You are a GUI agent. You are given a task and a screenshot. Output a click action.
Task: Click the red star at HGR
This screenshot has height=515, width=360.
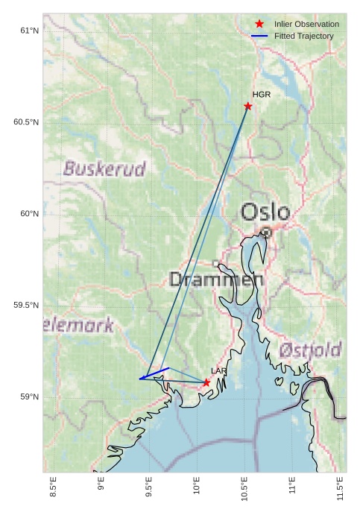pos(248,106)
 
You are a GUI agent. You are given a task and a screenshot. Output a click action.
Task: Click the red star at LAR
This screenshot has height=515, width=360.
pos(206,382)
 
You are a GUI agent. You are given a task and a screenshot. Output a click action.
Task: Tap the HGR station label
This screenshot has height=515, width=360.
pos(261,95)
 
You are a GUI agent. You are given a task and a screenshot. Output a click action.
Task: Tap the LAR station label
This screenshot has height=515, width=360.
pos(218,371)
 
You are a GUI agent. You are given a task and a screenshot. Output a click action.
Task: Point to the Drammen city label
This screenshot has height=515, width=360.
pos(217,280)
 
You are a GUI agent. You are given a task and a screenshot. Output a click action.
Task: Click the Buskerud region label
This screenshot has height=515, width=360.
pos(104,169)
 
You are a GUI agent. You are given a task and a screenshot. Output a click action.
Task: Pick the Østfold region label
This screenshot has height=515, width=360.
pos(310,350)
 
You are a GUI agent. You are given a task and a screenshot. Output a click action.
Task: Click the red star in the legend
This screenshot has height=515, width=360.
pos(259,24)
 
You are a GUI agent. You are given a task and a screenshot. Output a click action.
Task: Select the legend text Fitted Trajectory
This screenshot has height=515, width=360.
pos(303,36)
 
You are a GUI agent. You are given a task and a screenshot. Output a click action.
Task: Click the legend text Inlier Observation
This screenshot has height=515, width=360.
pos(306,24)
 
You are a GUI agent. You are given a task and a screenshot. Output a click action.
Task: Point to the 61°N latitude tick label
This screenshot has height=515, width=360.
pos(28,31)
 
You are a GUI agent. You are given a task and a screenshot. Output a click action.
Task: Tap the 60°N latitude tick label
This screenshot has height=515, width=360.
pos(28,214)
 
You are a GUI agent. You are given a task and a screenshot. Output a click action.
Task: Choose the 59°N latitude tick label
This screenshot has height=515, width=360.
pos(28,397)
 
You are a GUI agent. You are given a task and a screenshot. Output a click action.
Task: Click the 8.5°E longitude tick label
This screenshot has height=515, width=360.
pos(53,488)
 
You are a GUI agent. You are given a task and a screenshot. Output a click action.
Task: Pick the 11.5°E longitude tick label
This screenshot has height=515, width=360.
pos(341,488)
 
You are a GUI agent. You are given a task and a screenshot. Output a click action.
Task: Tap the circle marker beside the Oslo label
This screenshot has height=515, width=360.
pos(266,233)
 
